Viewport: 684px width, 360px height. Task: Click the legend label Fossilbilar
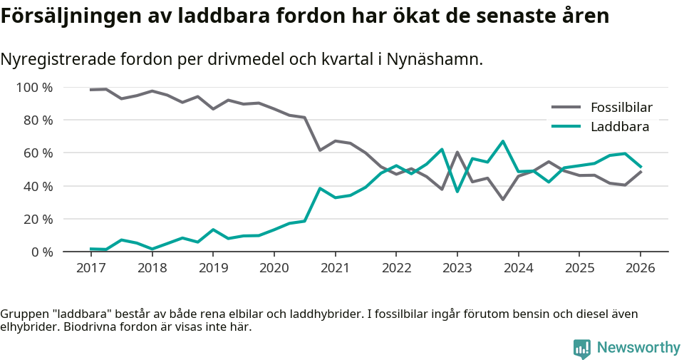pos(621,108)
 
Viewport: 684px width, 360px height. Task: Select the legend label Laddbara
pos(619,127)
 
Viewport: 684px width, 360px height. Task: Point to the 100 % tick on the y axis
pos(34,88)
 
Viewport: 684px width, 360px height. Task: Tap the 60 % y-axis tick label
pos(37,153)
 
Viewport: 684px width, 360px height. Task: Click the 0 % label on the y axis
pos(41,252)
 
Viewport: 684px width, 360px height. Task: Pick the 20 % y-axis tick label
pos(37,219)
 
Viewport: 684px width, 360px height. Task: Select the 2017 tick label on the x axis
pos(90,268)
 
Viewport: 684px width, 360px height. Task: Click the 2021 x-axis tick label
pos(335,268)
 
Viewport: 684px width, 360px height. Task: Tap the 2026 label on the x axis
pos(640,268)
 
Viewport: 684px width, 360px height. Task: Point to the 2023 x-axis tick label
pos(457,268)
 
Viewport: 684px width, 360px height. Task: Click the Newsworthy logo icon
pos(582,348)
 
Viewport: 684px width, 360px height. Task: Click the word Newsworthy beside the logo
pos(638,348)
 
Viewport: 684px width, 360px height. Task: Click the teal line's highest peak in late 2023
pos(503,141)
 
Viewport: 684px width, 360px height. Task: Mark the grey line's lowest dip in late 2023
pos(503,199)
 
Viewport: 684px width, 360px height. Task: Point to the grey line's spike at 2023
pos(457,153)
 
